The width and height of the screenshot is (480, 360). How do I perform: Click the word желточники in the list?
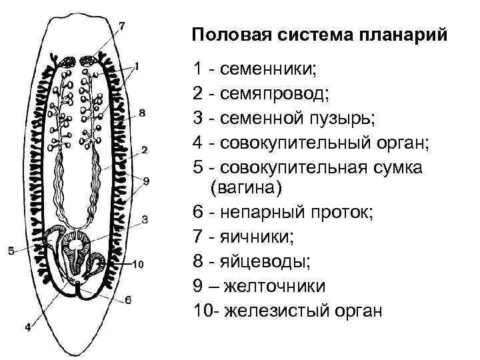point(278,286)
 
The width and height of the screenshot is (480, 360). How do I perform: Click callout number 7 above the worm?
point(121,27)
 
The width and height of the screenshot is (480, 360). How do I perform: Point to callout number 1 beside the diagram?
point(137,65)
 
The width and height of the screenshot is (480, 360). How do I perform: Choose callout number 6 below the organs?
point(128,300)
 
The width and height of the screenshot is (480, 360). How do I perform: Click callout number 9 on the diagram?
point(146,181)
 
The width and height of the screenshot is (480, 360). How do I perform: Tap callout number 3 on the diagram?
point(145,219)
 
